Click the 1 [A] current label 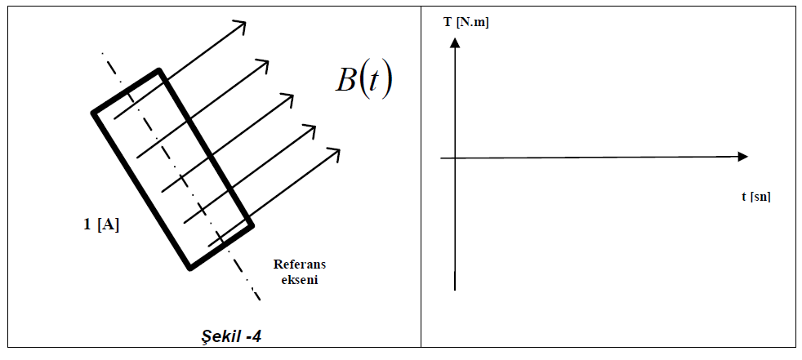pyautogui.click(x=102, y=224)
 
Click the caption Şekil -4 pyautogui.click(x=231, y=336)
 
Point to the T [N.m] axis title pyautogui.click(x=466, y=23)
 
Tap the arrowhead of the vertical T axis pyautogui.click(x=454, y=42)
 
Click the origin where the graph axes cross pyautogui.click(x=454, y=157)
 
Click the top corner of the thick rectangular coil pyautogui.click(x=158, y=71)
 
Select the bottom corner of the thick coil pyautogui.click(x=189, y=267)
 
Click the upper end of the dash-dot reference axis pyautogui.click(x=101, y=53)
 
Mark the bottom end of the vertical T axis pyautogui.click(x=454, y=289)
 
